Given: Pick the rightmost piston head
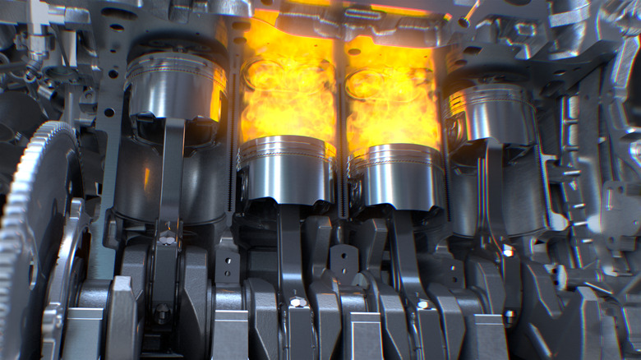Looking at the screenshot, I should pyautogui.click(x=491, y=115).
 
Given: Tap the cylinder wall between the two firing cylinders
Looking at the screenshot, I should pyautogui.click(x=340, y=107).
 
